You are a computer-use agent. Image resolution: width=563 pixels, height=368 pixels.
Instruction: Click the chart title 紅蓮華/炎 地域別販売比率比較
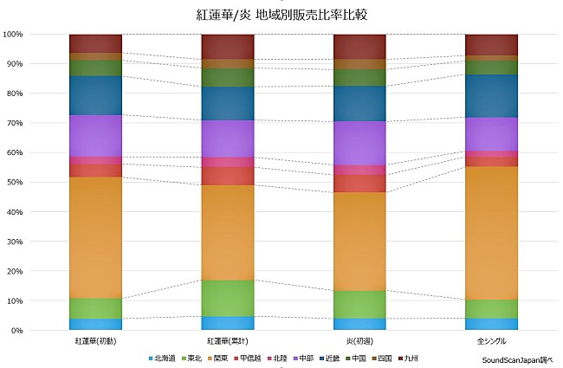point(281,15)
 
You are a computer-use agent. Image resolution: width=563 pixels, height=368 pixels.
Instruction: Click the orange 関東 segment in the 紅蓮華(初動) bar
point(95,237)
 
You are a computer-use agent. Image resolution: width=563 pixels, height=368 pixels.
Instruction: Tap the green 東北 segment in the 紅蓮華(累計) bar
point(228,298)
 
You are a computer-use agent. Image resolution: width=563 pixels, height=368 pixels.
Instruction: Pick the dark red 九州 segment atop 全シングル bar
point(491,45)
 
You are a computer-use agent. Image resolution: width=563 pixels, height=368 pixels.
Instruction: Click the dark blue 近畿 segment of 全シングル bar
point(491,95)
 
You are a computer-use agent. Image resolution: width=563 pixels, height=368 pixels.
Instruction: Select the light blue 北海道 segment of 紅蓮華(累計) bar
point(228,323)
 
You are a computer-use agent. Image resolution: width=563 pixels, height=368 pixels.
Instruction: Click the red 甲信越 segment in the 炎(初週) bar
point(359,183)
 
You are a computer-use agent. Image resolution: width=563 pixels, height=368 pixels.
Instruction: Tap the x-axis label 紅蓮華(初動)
point(95,341)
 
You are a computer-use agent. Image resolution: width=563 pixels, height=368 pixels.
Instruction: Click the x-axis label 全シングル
point(491,341)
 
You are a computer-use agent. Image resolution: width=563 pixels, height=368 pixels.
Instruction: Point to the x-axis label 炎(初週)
point(359,341)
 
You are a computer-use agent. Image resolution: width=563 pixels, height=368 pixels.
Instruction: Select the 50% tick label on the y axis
point(15,183)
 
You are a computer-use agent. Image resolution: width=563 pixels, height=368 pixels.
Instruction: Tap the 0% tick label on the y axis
point(17,331)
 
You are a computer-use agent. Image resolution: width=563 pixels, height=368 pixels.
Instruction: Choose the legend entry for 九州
point(409,357)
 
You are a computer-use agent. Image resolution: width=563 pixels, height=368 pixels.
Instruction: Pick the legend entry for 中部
point(301,357)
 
